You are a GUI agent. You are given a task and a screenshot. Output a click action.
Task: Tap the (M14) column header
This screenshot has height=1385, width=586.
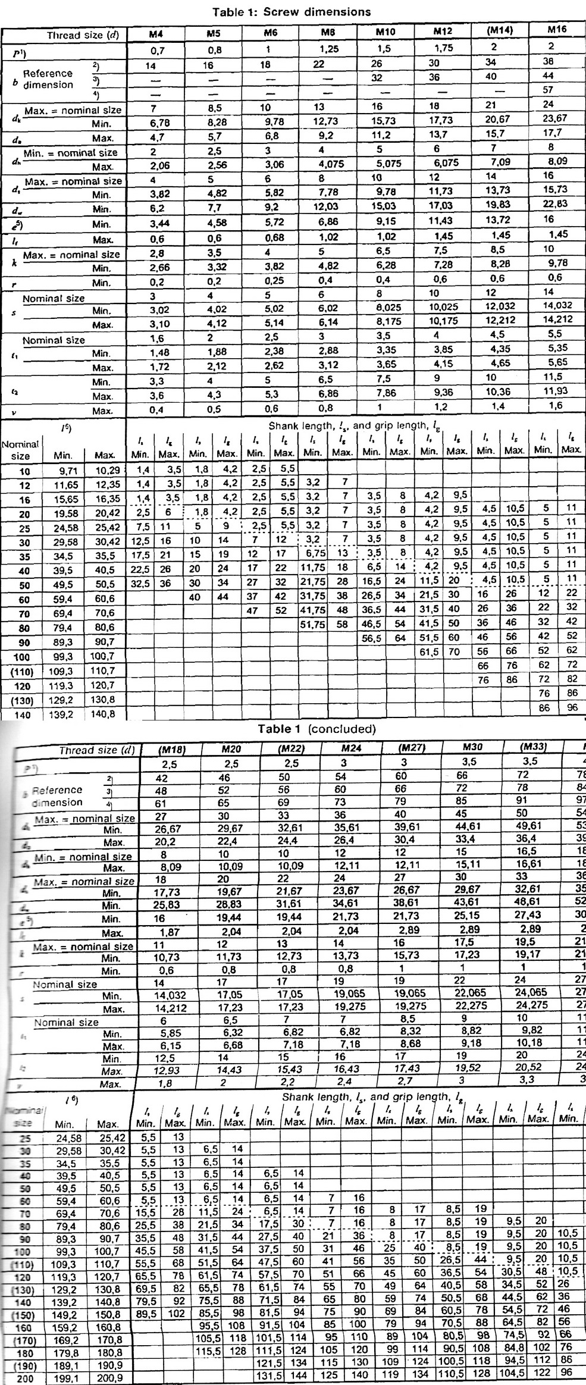(x=500, y=30)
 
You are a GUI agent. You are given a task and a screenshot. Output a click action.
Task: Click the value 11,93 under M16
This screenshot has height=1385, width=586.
(x=556, y=391)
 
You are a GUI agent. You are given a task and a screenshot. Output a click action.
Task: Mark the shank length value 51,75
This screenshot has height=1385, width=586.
(x=312, y=625)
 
